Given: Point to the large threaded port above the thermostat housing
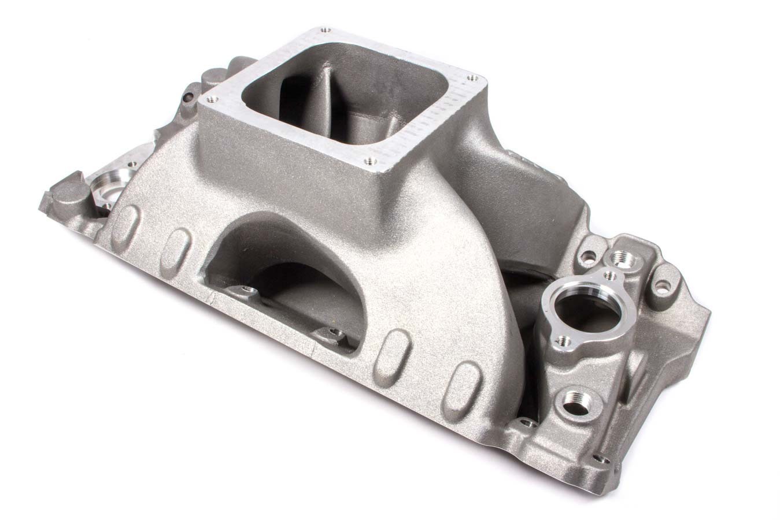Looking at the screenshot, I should point(625,259).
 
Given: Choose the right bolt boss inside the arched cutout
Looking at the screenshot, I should point(333,333).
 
